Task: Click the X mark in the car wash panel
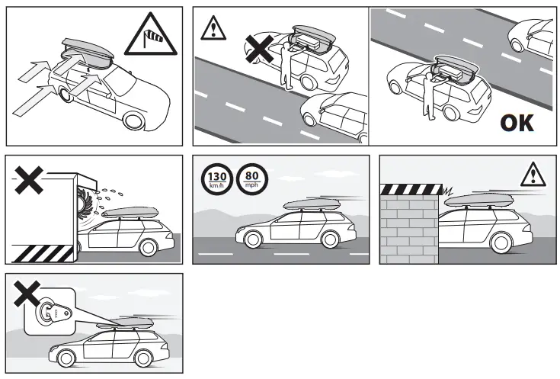[28, 180]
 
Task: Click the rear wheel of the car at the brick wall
[501, 242]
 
